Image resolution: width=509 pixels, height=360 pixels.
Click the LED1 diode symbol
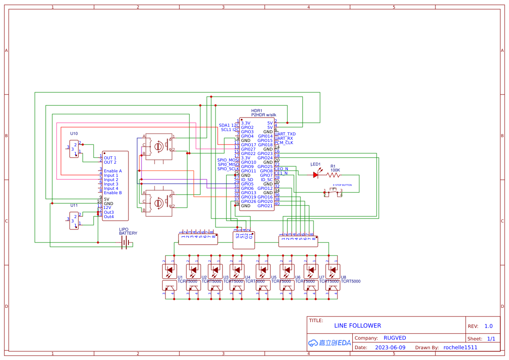[316, 175]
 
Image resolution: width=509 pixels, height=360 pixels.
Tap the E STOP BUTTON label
[342, 185]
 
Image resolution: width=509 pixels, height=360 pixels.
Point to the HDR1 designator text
[257, 111]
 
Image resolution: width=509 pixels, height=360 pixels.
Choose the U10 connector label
[74, 134]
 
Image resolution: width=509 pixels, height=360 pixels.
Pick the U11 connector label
[74, 205]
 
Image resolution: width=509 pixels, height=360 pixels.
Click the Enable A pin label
[113, 171]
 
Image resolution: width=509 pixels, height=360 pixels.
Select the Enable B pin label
[113, 193]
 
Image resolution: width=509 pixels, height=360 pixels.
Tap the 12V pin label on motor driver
[108, 208]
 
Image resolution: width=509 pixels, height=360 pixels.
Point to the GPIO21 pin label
[265, 206]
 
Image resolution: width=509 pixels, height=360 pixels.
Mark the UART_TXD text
[285, 134]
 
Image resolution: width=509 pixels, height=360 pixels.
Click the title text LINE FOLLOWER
[357, 326]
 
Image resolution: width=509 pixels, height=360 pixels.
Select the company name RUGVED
[394, 338]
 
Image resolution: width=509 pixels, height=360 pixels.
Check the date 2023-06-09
[390, 347]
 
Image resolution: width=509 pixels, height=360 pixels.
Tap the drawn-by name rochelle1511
[460, 347]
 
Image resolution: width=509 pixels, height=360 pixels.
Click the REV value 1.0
[488, 326]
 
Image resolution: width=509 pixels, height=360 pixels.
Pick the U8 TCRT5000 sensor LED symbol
[333, 271]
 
